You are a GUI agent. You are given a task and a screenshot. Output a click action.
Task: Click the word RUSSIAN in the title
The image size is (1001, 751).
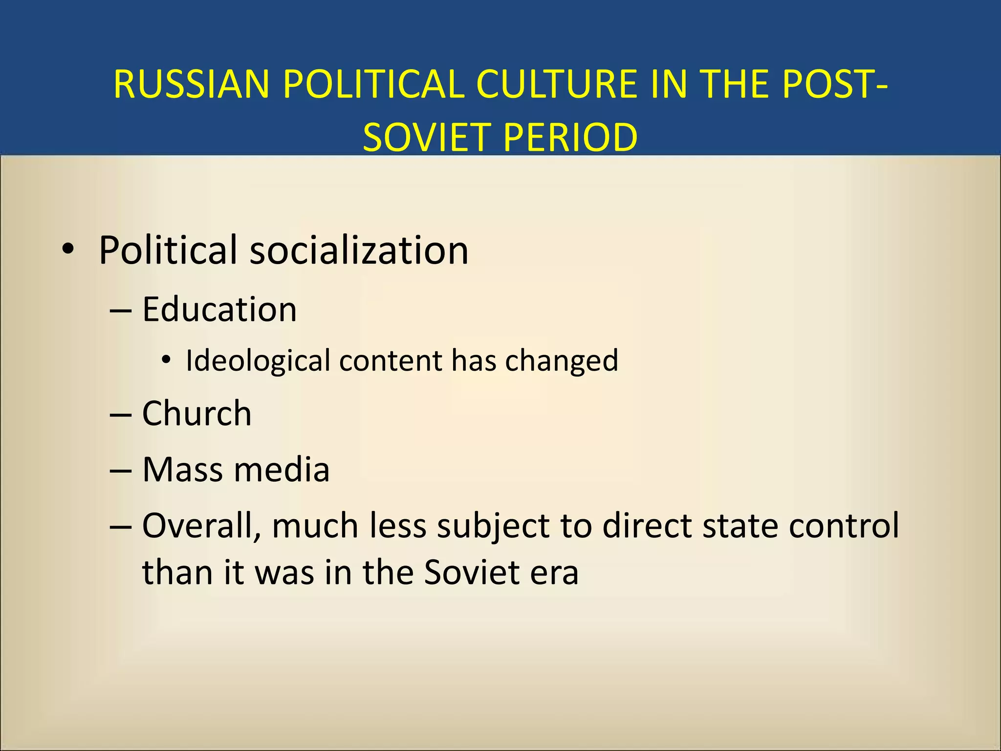click(x=191, y=84)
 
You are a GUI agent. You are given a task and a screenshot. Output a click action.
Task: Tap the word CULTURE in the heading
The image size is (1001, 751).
click(x=557, y=84)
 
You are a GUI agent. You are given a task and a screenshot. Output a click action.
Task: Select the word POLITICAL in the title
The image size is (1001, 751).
click(x=373, y=84)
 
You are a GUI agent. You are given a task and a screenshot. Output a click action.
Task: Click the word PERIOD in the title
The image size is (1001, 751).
click(x=570, y=137)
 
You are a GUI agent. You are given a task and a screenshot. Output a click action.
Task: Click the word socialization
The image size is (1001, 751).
click(x=359, y=250)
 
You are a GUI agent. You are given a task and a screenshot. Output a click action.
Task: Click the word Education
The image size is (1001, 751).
click(x=219, y=309)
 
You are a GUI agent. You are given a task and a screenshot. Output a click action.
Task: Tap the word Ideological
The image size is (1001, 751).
click(x=258, y=361)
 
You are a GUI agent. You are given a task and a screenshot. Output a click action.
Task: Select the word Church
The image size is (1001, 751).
click(x=196, y=413)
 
